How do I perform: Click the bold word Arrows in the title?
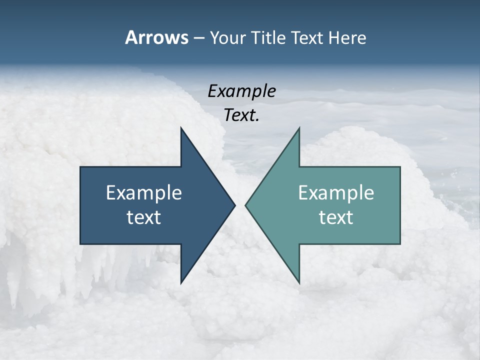point(156,37)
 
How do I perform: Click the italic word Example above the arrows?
point(241,91)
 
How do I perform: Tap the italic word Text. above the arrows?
point(241,115)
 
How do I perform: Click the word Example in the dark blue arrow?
point(144,193)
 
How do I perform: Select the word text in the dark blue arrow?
point(144,217)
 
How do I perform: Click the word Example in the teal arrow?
point(336,193)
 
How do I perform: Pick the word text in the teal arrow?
point(336,217)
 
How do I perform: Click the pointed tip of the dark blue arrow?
point(234,205)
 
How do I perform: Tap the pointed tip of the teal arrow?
point(246,205)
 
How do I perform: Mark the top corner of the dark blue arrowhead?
point(181,128)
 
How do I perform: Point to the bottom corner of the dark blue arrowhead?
point(181,282)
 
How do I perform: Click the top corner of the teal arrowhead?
point(299,128)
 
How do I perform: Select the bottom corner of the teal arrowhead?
point(299,282)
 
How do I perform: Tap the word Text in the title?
point(309,38)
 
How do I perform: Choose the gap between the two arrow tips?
point(240,205)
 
